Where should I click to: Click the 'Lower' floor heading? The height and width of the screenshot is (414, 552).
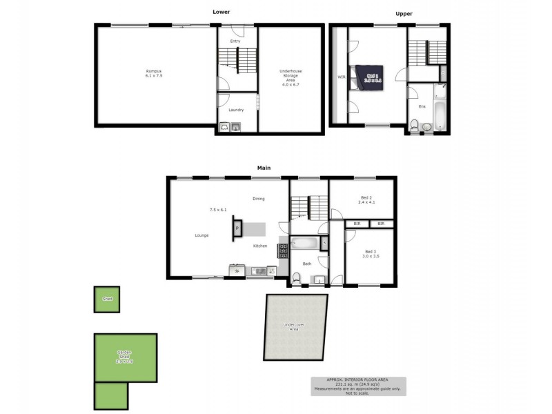tap(221, 12)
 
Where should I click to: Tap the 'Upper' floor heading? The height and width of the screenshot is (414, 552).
tap(404, 14)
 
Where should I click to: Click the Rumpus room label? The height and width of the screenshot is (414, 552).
tap(153, 72)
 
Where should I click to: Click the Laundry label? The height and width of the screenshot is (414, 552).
tap(235, 110)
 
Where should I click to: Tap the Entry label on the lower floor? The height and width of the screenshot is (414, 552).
tap(235, 41)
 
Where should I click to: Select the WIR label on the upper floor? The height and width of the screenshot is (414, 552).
tap(341, 77)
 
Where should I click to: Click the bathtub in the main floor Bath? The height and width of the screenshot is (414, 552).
tap(304, 244)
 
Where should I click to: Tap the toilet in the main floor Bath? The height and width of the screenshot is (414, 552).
tap(296, 277)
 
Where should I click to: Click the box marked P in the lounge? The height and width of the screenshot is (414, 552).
tap(237, 227)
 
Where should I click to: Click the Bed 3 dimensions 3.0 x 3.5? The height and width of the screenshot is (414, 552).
tap(371, 257)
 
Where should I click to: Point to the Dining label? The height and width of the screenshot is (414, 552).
tap(259, 199)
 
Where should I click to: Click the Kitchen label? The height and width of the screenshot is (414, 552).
tap(260, 246)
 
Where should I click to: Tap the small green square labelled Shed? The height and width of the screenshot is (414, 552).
tap(107, 299)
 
